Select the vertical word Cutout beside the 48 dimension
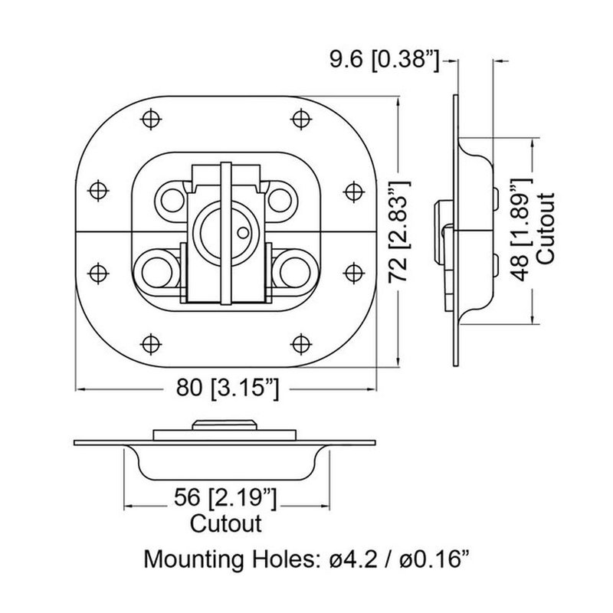click(x=546, y=228)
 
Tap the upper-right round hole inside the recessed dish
click(x=278, y=198)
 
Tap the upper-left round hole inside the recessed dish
click(x=171, y=198)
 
